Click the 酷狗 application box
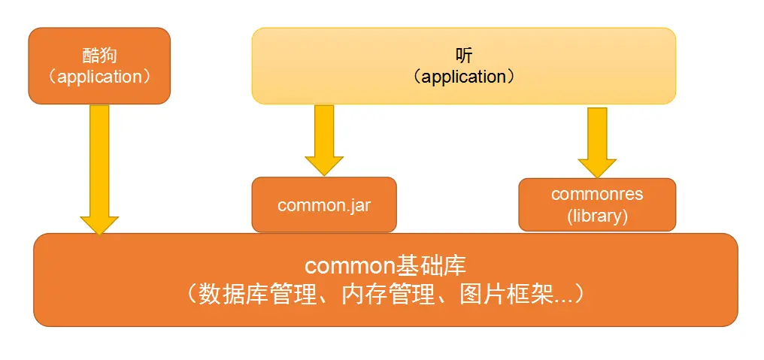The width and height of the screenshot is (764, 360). (99, 66)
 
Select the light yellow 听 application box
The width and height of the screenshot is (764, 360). (463, 66)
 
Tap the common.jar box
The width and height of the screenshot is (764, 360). (323, 204)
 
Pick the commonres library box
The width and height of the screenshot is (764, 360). (597, 204)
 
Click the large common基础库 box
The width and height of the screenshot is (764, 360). (385, 280)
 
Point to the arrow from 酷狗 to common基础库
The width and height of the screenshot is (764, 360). (99, 162)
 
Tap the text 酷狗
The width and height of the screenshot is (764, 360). (100, 56)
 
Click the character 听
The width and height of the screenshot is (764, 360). (465, 56)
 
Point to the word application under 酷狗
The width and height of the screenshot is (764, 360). (99, 77)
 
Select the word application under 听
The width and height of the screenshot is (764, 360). (464, 77)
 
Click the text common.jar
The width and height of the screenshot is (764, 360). (324, 205)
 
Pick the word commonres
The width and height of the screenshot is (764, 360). (597, 194)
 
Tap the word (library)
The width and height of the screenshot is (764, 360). (597, 216)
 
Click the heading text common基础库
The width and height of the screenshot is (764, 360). (385, 266)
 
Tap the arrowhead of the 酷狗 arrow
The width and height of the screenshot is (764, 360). (99, 224)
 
